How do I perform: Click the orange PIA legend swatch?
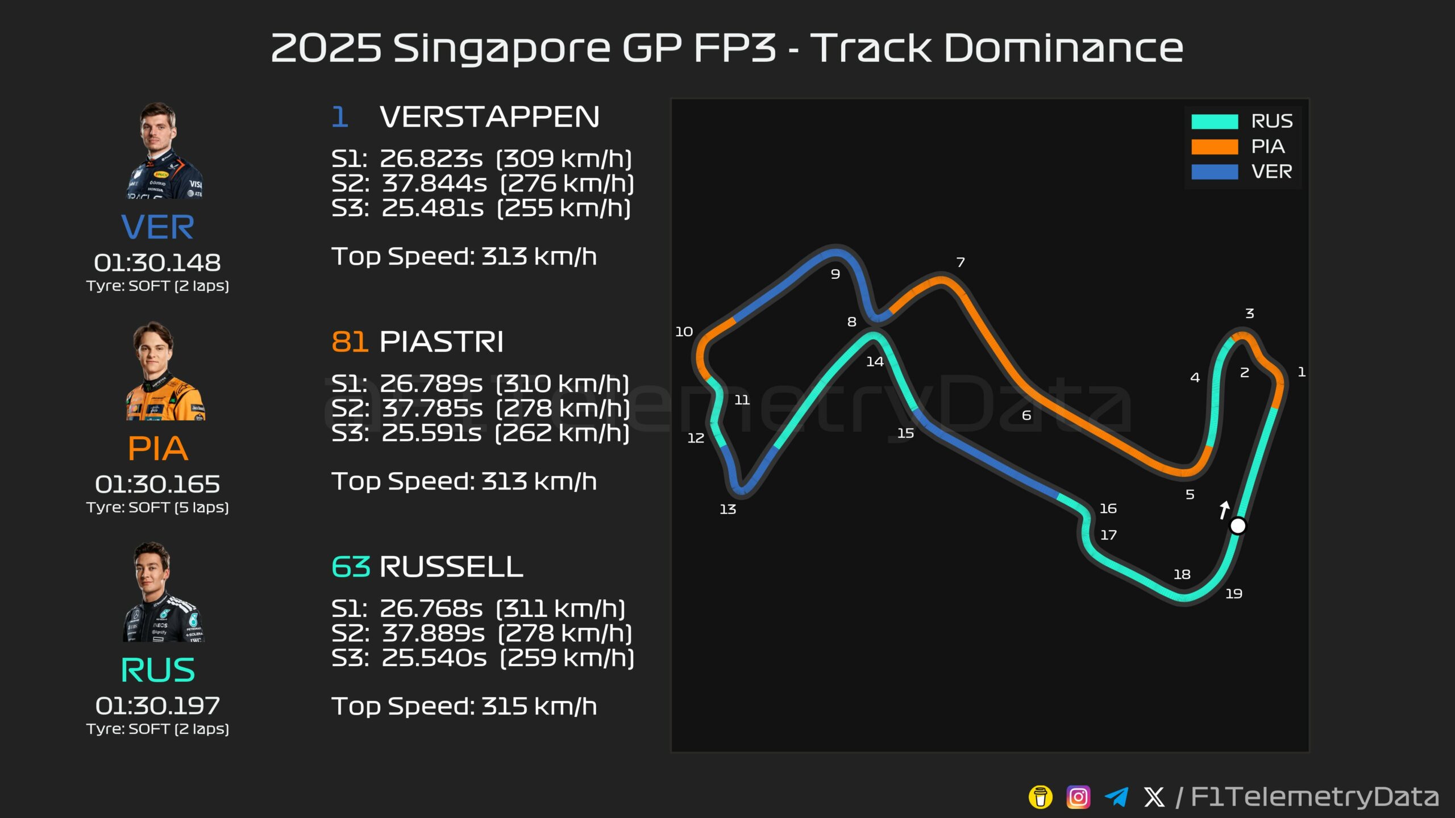point(1215,147)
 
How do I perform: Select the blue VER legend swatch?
point(1215,172)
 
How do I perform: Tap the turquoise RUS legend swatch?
point(1215,122)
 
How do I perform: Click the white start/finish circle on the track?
point(1238,526)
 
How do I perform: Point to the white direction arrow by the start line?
point(1224,510)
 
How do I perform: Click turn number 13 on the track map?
point(728,509)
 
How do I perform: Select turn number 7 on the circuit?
point(961,262)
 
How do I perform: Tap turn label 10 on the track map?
point(684,331)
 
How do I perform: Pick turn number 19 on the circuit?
point(1233,594)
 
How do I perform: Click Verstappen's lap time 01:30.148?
point(157,262)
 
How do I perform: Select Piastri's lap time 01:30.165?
point(157,484)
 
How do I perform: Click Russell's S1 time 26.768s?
point(431,608)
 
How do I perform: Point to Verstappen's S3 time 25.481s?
point(433,208)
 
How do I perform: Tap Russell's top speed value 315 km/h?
point(539,706)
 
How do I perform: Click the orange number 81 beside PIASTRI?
point(350,341)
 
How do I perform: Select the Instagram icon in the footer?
point(1078,797)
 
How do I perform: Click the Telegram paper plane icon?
point(1116,797)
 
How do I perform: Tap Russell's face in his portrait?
point(152,570)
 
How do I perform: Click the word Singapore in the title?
point(502,49)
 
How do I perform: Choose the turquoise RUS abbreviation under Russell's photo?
point(157,670)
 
